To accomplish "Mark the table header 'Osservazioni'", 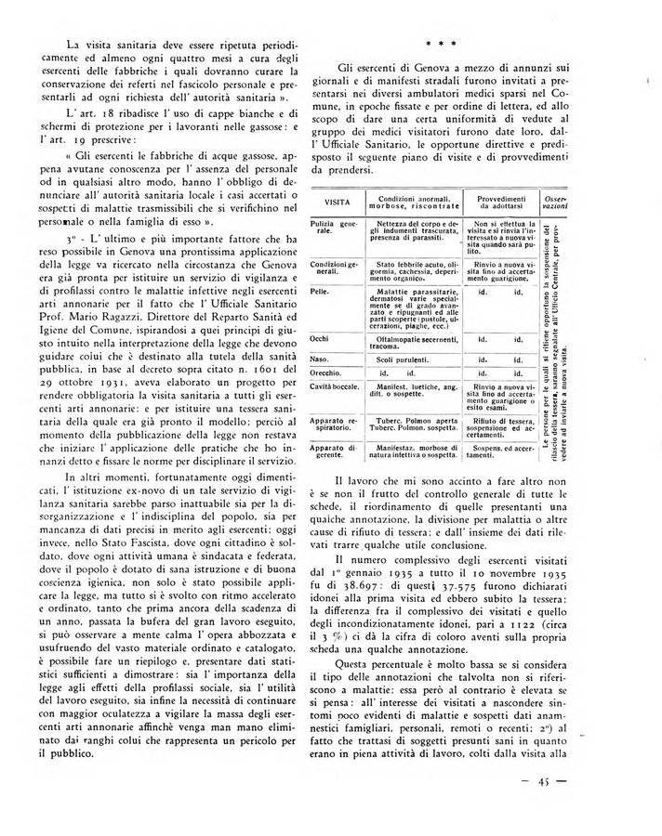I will [555, 202].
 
